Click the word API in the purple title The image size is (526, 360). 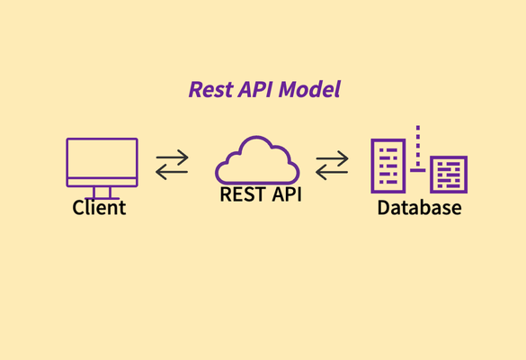[x=255, y=90]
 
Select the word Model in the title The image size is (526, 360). [x=309, y=89]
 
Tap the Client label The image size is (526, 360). [x=99, y=207]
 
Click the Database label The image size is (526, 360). [x=419, y=208]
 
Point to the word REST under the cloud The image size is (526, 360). [x=243, y=194]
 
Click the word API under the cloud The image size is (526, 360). [x=287, y=194]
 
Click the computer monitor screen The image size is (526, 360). [x=102, y=157]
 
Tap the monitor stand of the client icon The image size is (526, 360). [x=102, y=193]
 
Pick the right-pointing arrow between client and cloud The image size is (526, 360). [x=172, y=157]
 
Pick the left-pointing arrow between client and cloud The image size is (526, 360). [x=172, y=172]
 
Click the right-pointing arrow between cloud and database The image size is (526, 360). [x=332, y=157]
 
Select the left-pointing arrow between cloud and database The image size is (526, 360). [x=332, y=172]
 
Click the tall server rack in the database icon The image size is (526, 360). [x=388, y=166]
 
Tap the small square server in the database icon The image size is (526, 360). [x=449, y=175]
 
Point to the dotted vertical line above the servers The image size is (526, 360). [x=418, y=146]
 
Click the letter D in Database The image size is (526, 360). [x=384, y=208]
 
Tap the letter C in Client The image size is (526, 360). [x=78, y=208]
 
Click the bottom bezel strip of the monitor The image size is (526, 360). [x=102, y=182]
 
